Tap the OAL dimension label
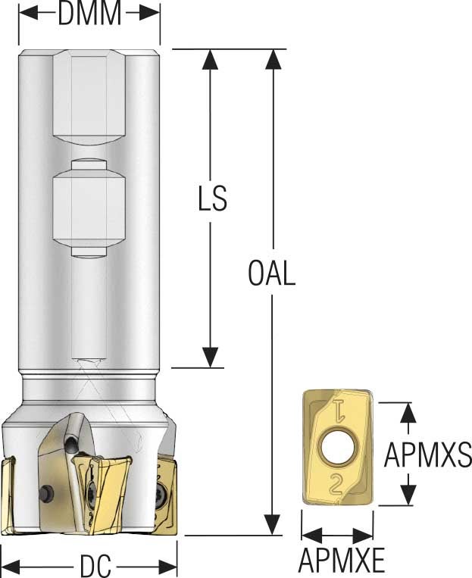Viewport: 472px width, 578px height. [x=271, y=273]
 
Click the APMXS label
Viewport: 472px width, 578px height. [x=428, y=455]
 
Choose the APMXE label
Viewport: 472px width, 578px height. [x=341, y=561]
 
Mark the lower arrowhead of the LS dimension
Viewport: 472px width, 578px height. [x=211, y=358]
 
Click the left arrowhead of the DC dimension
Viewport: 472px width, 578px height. [x=15, y=565]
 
